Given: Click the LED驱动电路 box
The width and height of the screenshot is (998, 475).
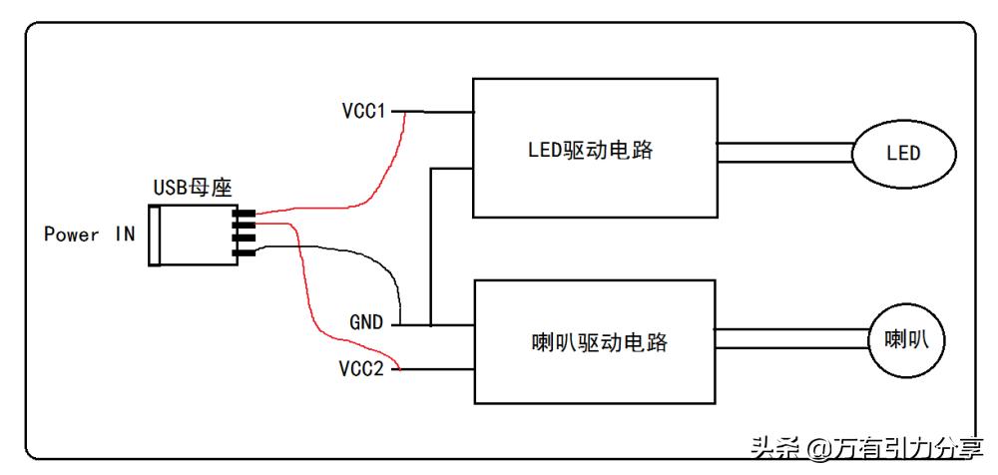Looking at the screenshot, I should (x=595, y=149).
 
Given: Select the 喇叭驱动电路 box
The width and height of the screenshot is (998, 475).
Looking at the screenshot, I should (x=595, y=341).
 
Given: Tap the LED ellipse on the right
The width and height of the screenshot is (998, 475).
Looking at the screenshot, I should (x=903, y=155).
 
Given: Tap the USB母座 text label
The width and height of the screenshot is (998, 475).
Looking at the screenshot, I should (x=192, y=187).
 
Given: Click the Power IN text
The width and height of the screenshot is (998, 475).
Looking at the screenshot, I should (x=89, y=235).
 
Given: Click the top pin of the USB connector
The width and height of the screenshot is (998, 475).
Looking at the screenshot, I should (x=244, y=214).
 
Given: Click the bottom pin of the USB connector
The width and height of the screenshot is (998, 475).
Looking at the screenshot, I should (x=244, y=253).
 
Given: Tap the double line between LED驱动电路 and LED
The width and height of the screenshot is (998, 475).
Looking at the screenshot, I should (x=783, y=152).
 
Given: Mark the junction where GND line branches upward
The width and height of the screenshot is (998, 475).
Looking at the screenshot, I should (x=431, y=325).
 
